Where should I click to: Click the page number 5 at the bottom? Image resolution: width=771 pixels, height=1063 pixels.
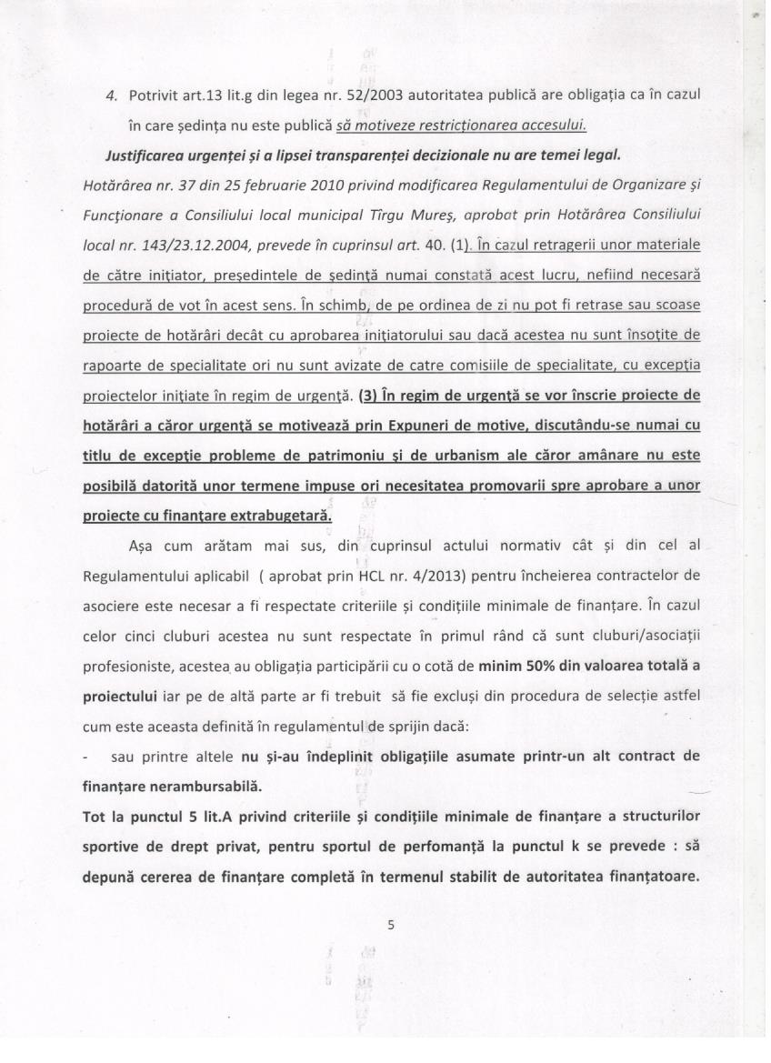click(390, 926)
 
